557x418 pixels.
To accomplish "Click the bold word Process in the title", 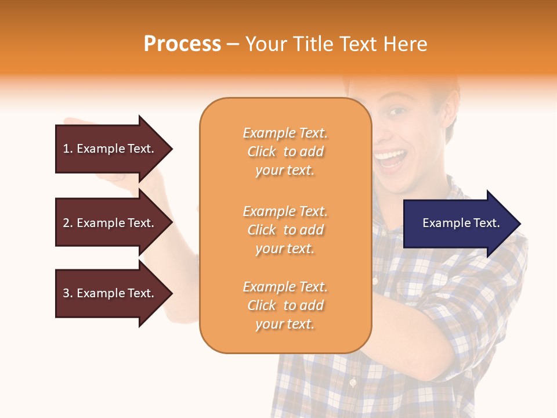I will click(182, 44).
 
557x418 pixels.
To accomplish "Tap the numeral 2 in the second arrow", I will click(66, 223).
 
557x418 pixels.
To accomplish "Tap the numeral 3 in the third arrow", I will click(66, 293).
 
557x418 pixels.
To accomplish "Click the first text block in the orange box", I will click(285, 152).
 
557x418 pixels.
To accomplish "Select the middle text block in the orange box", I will click(285, 230).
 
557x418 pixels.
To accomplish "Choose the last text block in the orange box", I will click(285, 305).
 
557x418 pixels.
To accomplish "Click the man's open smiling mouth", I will click(390, 158).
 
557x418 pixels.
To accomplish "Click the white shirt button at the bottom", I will click(352, 382).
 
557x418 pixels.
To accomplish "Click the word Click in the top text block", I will click(262, 152).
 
